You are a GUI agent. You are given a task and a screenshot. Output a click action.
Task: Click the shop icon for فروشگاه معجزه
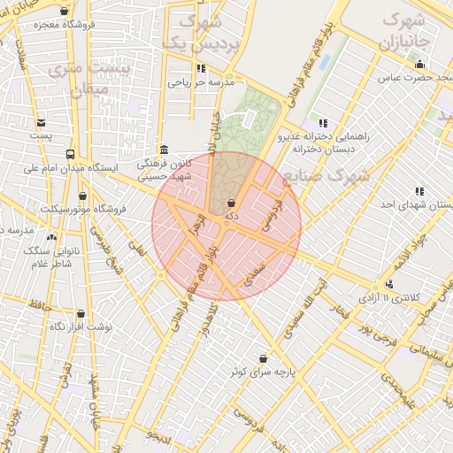(x=64, y=12)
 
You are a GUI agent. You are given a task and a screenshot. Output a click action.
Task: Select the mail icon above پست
(x=42, y=123)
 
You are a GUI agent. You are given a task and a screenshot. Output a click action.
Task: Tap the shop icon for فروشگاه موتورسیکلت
(x=83, y=196)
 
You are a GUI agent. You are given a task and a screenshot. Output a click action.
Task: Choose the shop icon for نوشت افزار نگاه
(x=81, y=313)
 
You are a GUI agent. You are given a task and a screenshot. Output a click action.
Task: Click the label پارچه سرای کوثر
(x=264, y=372)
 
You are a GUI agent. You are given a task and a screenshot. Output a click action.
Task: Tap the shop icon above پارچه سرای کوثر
(x=264, y=358)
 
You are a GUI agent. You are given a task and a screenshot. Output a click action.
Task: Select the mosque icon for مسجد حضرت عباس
(x=419, y=63)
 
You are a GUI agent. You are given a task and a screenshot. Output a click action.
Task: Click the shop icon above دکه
(x=231, y=203)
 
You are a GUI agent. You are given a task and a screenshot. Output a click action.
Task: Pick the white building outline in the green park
(x=250, y=117)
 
